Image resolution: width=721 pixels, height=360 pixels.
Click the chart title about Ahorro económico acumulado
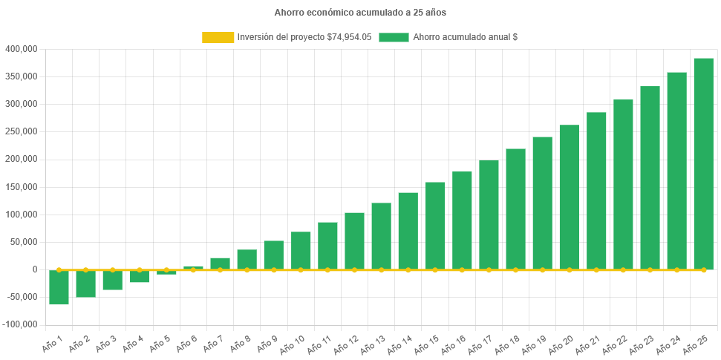[x=360, y=13]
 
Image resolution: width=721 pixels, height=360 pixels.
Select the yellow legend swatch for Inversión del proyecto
[x=218, y=37]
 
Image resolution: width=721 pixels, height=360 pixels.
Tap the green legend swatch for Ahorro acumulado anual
[x=394, y=37]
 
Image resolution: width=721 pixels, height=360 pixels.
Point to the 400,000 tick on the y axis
[x=21, y=49]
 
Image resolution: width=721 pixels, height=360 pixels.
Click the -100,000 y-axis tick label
[x=20, y=324]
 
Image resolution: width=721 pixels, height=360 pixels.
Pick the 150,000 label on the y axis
[x=21, y=186]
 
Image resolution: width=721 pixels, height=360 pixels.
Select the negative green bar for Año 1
[x=59, y=287]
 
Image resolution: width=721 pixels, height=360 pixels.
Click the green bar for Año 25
[x=703, y=163]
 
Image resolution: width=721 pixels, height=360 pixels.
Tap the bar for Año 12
[x=354, y=240]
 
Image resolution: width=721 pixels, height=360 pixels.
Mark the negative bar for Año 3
[x=113, y=280]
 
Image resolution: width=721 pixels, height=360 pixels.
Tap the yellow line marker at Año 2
[x=86, y=269]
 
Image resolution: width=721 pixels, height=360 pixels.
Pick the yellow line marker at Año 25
[x=703, y=269]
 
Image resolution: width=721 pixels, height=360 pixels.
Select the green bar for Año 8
[x=247, y=259]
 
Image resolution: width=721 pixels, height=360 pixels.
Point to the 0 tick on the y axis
[x=34, y=269]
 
